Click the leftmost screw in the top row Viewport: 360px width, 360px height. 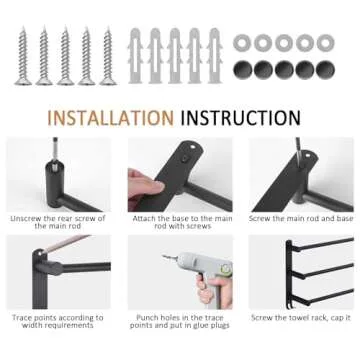click(x=22, y=55)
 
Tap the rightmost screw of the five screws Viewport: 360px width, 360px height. click(x=107, y=55)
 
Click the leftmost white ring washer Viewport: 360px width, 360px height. click(x=243, y=43)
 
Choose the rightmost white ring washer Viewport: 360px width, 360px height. click(x=325, y=43)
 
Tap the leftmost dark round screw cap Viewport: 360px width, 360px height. click(x=243, y=69)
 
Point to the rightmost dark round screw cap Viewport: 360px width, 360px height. click(x=325, y=69)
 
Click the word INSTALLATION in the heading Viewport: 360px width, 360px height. click(x=110, y=117)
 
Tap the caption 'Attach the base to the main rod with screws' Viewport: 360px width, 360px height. click(x=181, y=221)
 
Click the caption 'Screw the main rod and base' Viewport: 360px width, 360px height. click(x=302, y=218)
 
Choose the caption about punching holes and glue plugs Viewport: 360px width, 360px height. click(x=181, y=321)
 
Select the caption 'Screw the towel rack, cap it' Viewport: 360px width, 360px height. click(x=302, y=318)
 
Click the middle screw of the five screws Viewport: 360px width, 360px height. click(x=65, y=55)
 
